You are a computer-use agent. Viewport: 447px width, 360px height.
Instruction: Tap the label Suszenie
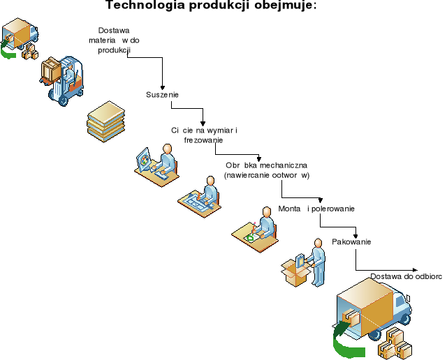click(163, 95)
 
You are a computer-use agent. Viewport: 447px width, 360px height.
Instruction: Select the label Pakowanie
click(351, 242)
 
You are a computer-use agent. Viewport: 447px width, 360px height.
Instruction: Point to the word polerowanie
click(333, 209)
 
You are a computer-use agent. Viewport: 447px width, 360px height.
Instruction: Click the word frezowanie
click(203, 140)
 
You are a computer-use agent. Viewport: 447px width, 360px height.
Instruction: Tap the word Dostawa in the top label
click(115, 31)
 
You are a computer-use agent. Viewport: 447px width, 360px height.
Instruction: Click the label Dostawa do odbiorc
click(406, 276)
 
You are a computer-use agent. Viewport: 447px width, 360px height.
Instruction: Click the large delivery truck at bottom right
click(374, 306)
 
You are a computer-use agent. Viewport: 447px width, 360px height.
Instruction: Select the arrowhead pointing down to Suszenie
click(163, 84)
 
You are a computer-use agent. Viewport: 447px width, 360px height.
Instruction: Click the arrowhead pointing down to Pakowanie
click(356, 234)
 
